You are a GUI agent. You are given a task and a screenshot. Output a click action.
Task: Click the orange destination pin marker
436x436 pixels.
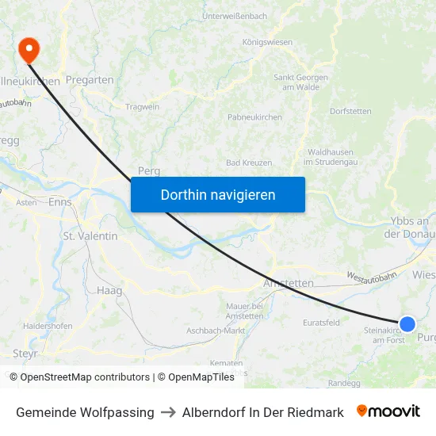(29, 49)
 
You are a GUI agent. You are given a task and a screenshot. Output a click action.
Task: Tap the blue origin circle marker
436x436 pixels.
(407, 323)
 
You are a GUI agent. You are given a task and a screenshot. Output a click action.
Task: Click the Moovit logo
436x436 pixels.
(388, 411)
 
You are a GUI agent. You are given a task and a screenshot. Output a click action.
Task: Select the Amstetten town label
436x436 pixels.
(288, 283)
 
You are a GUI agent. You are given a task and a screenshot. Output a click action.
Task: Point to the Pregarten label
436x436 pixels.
(90, 80)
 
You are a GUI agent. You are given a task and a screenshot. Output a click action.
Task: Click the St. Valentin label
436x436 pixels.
(90, 236)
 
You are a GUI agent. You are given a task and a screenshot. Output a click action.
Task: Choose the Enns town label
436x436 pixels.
(60, 202)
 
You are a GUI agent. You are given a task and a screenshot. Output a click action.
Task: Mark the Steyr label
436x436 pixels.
(25, 353)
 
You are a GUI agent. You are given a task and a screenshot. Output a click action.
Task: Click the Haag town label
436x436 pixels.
(109, 291)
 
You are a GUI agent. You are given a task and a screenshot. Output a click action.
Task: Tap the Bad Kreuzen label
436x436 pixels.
(249, 163)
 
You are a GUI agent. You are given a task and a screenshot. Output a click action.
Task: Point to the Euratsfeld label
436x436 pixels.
(321, 323)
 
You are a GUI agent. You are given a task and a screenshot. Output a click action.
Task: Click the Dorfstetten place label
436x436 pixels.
(350, 111)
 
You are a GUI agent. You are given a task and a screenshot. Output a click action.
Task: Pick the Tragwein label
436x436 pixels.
(143, 106)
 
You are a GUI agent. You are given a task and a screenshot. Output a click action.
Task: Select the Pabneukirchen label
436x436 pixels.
(254, 117)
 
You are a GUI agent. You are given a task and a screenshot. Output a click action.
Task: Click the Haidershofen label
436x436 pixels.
(48, 326)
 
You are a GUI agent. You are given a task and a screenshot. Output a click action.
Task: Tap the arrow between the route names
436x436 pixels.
(168, 412)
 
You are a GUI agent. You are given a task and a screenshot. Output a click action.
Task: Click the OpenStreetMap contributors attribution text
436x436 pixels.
(85, 377)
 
